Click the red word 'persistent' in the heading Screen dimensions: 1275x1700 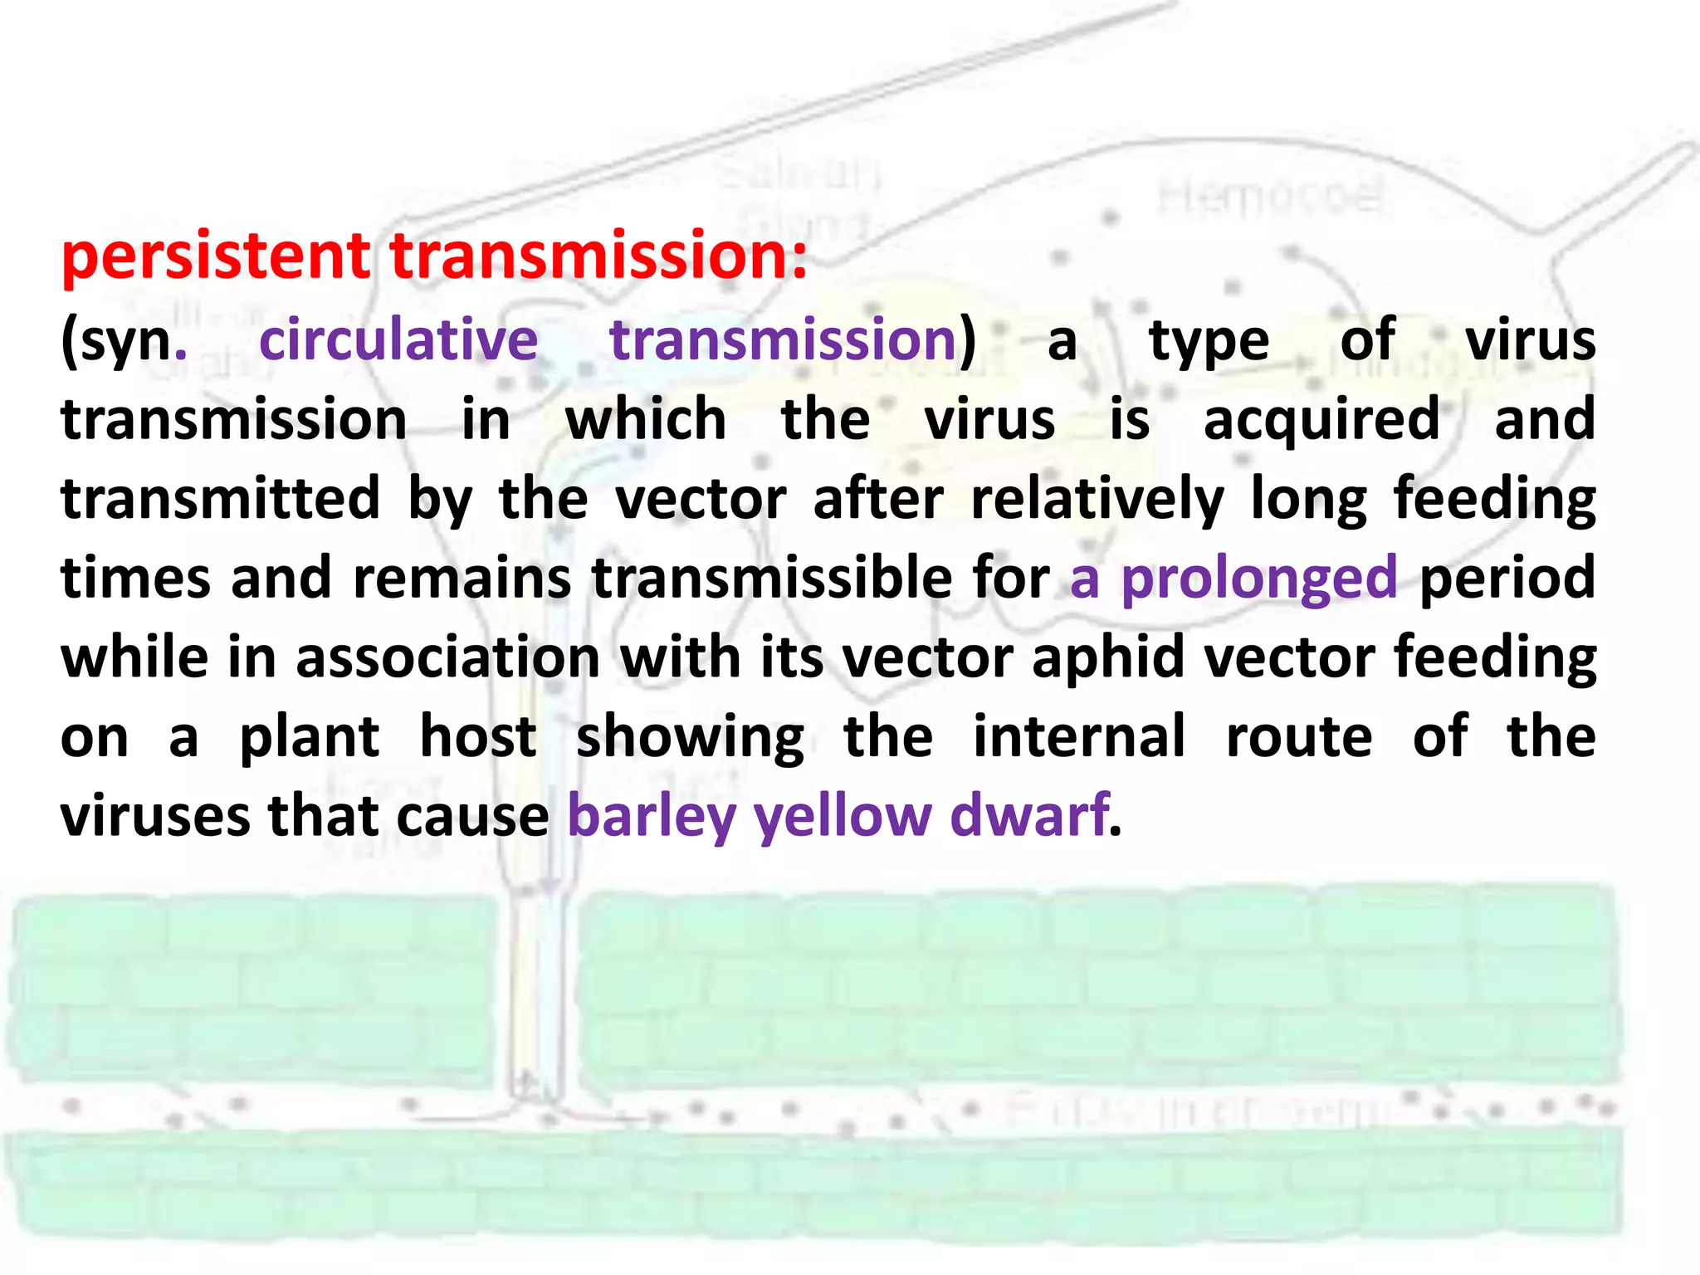pyautogui.click(x=216, y=257)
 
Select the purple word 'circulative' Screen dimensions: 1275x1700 pyautogui.click(x=398, y=340)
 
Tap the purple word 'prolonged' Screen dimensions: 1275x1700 pyautogui.click(x=1259, y=579)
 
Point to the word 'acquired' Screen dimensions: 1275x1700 pyautogui.click(x=1321, y=419)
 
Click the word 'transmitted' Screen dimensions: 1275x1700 pyautogui.click(x=220, y=499)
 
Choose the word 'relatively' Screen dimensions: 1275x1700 pyautogui.click(x=1097, y=499)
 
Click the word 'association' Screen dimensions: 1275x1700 pyautogui.click(x=447, y=657)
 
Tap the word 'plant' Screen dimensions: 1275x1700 pyautogui.click(x=309, y=738)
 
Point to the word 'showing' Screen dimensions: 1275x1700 pyautogui.click(x=690, y=738)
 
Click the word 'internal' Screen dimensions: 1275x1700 pyautogui.click(x=1079, y=736)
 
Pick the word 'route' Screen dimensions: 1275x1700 pyautogui.click(x=1299, y=736)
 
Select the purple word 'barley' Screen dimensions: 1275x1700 pyautogui.click(x=652, y=817)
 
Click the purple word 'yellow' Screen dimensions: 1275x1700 pyautogui.click(x=843, y=817)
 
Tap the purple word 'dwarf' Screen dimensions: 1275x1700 pyautogui.click(x=1029, y=815)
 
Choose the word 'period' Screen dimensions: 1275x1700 pyautogui.click(x=1507, y=579)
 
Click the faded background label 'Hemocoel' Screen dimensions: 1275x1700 pyautogui.click(x=1271, y=198)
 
